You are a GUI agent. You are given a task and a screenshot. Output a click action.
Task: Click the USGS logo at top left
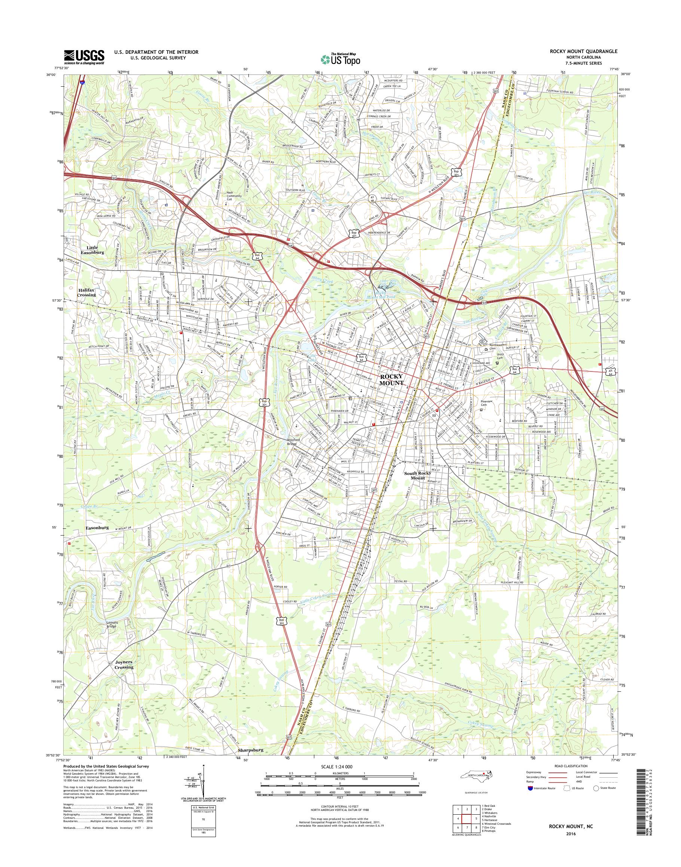pyautogui.click(x=84, y=57)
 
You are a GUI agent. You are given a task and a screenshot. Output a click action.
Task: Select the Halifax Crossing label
pyautogui.click(x=86, y=293)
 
